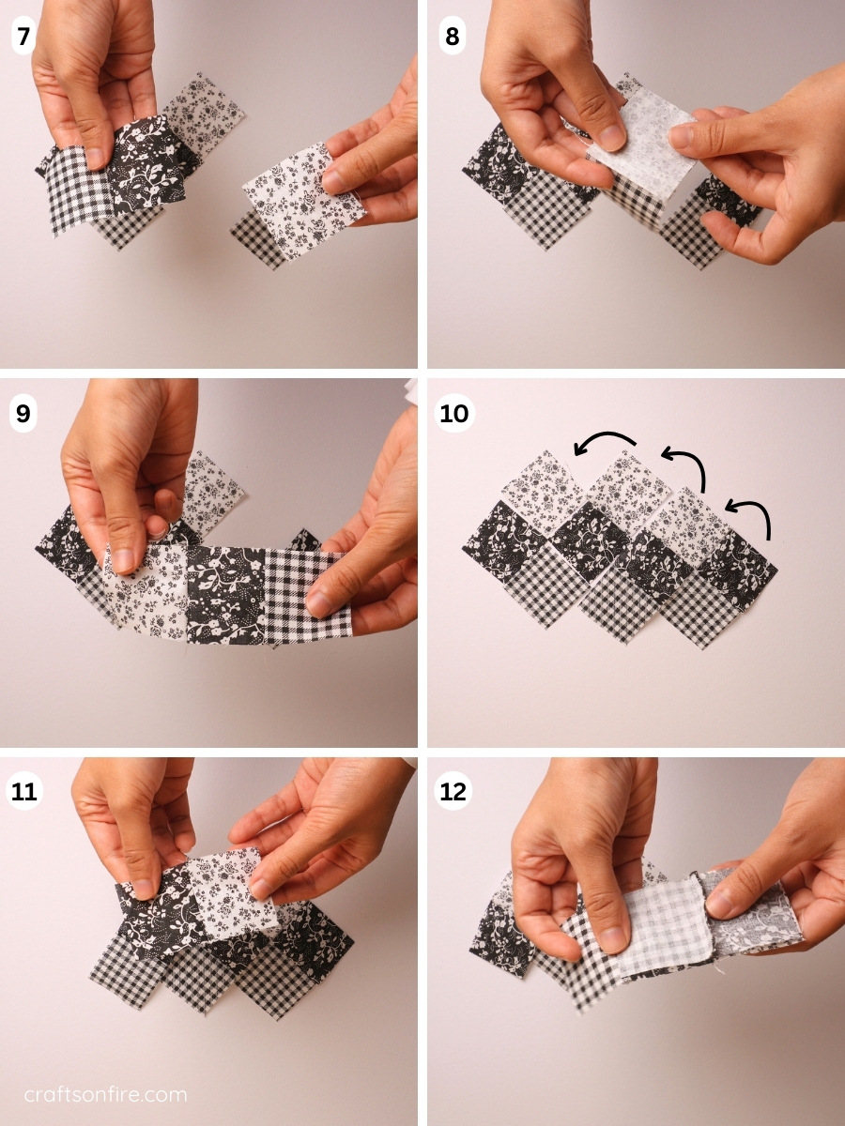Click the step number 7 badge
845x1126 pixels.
click(x=23, y=38)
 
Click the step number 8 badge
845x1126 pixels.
click(x=453, y=38)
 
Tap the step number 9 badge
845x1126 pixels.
click(x=23, y=414)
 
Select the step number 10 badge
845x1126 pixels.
click(x=453, y=414)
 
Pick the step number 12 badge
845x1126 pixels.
click(x=453, y=791)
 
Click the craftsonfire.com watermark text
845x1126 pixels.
click(x=105, y=1094)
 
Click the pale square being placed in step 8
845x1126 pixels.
click(x=638, y=145)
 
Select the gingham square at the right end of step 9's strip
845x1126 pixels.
click(x=305, y=593)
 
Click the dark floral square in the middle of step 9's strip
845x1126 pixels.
click(x=225, y=594)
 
